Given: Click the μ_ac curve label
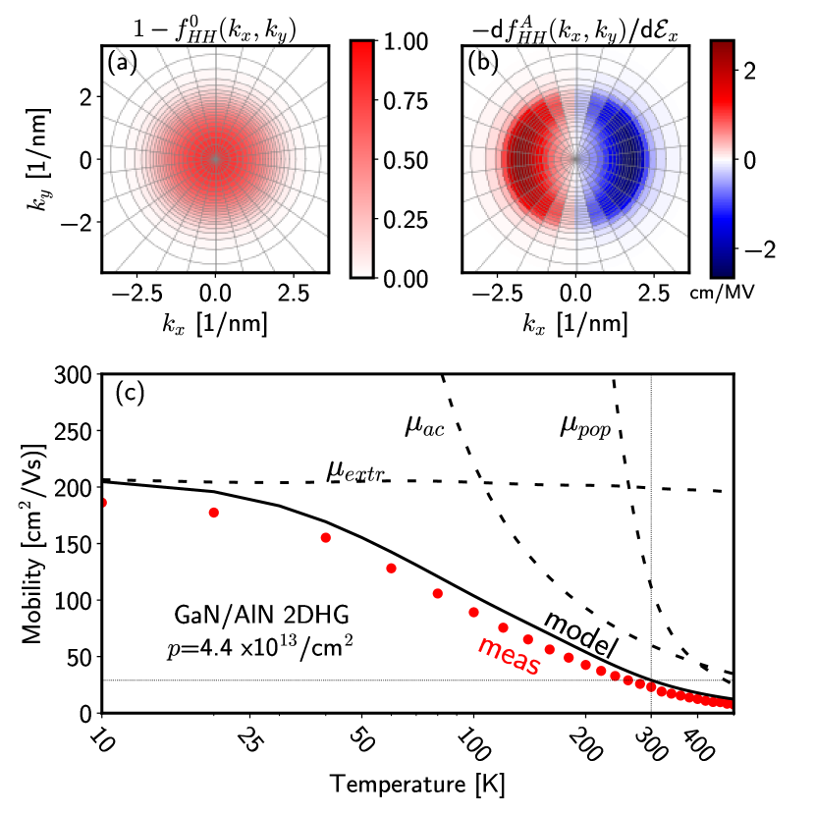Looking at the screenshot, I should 423,425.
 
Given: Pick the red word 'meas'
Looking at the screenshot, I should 509,657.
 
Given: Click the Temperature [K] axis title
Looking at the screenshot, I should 416,785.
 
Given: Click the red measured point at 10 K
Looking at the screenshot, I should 101,502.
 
